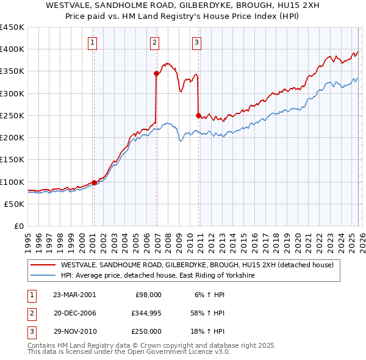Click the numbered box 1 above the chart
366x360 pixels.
coord(92,42)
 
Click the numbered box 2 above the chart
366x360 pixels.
coord(155,42)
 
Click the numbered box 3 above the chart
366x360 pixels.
coord(197,42)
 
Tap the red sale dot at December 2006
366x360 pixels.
coord(156,73)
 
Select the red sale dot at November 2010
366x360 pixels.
coord(198,115)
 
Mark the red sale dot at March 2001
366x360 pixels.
coord(94,182)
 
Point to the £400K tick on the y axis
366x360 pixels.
coord(12,49)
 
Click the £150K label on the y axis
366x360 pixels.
coord(12,160)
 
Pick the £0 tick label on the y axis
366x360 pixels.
coord(18,226)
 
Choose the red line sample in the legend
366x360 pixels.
coord(43,265)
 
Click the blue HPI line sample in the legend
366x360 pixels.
coord(43,276)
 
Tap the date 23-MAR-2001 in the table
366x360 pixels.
coord(74,295)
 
